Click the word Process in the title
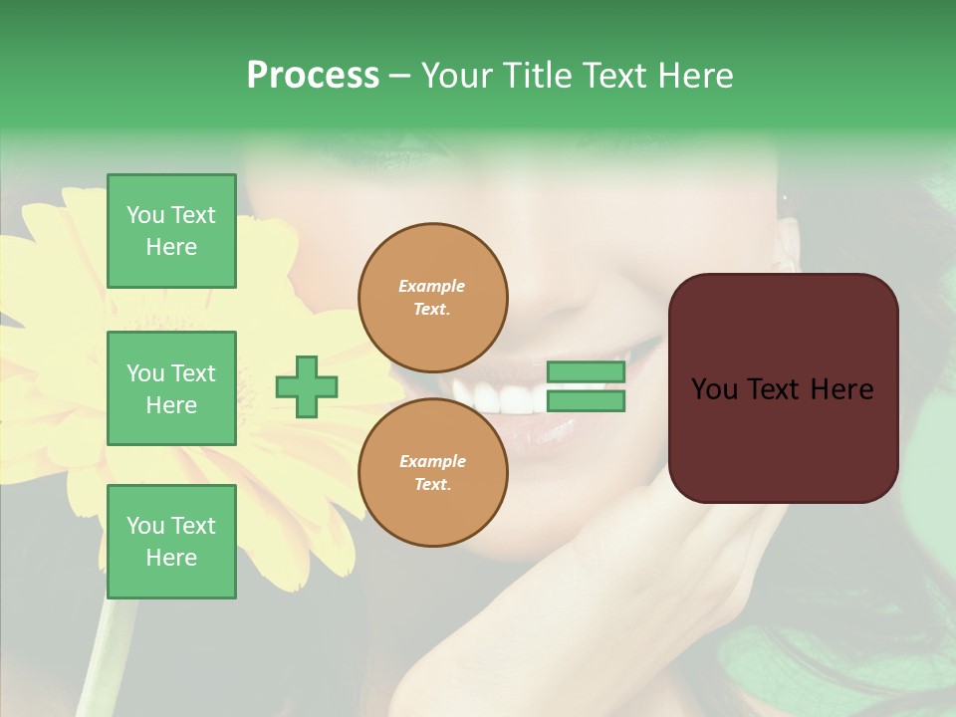(x=313, y=76)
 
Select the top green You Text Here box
(x=171, y=231)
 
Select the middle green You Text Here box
(x=171, y=388)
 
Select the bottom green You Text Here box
(x=171, y=542)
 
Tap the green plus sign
(x=307, y=387)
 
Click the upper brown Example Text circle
(x=433, y=298)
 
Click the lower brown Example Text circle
(x=433, y=473)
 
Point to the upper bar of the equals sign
(x=586, y=372)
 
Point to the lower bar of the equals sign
(x=586, y=401)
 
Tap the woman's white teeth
(x=503, y=398)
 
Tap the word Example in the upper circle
(x=431, y=286)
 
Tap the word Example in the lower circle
(x=431, y=461)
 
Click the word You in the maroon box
(x=714, y=389)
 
